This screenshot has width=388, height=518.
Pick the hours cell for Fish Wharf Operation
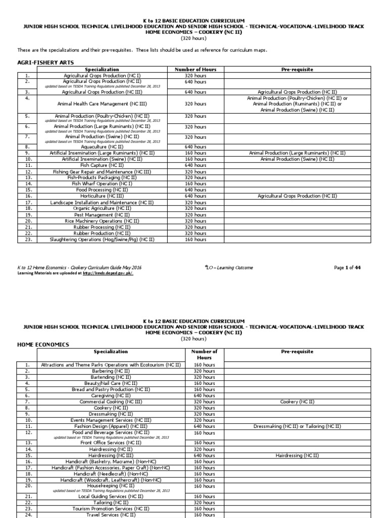[196, 184]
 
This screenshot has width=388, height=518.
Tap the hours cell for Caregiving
[204, 396]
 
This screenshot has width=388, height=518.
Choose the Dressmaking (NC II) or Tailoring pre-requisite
[297, 426]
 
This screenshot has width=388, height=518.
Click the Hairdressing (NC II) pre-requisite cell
[297, 455]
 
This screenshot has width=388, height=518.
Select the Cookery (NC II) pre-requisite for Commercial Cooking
[297, 402]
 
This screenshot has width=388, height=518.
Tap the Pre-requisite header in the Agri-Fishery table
[297, 69]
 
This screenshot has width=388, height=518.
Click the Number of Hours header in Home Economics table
[204, 354]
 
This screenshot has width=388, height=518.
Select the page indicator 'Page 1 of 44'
[348, 268]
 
